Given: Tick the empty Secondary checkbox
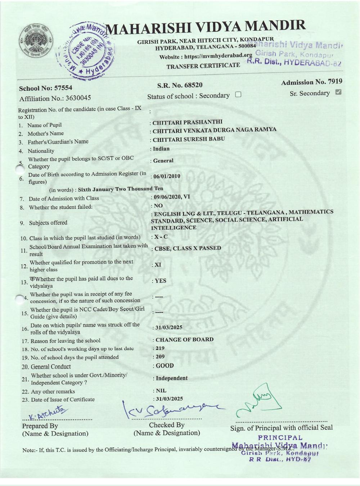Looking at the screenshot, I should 238,95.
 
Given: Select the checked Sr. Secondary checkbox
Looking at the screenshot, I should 338,92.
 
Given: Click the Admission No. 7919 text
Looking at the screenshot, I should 311,82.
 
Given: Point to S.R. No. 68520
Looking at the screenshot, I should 180,85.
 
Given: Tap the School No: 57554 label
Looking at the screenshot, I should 45,88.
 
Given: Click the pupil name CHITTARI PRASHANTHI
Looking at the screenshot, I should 188,122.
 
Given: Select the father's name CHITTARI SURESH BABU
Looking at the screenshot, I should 189,139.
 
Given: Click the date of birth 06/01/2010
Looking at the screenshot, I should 167,176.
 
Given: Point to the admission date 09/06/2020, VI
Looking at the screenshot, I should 172,197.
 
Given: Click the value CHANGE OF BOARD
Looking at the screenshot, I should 184,339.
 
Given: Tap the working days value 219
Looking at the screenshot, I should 160,348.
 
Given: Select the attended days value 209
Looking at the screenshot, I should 160,357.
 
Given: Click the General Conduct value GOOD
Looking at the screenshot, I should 165,366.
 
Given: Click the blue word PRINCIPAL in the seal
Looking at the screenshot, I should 280,438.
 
